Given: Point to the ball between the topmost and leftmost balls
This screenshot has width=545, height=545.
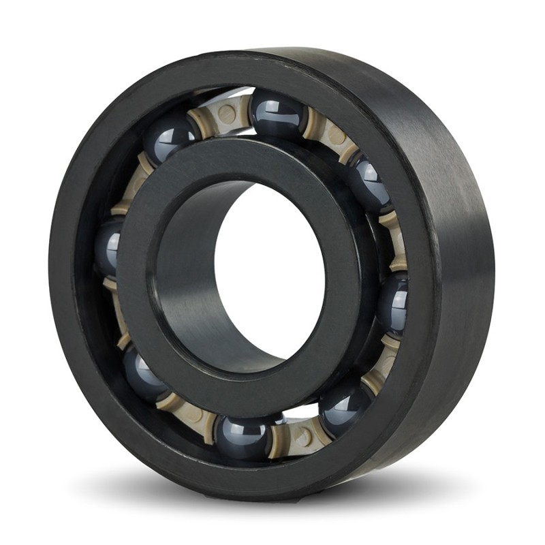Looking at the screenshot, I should tap(167, 136).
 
